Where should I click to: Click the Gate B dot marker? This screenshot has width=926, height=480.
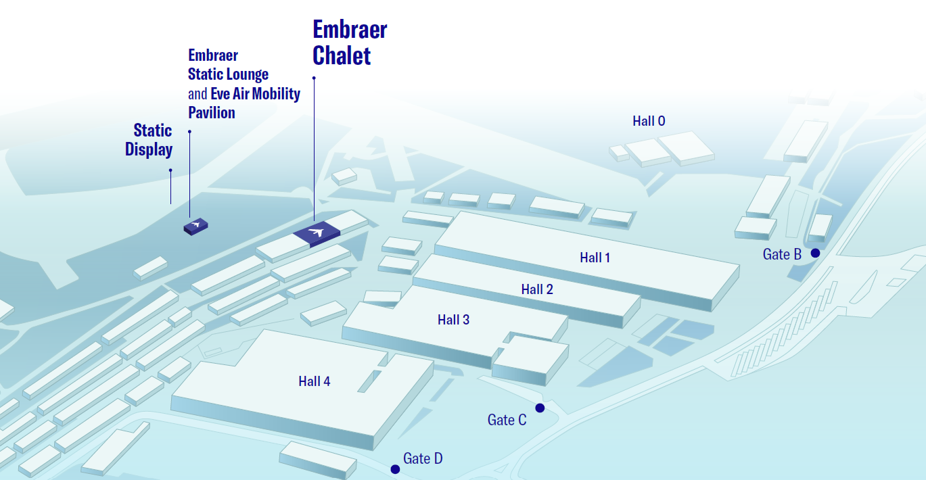[x=815, y=253]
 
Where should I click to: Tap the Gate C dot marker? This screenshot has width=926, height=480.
[x=540, y=408]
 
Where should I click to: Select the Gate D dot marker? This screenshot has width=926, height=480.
[x=395, y=469]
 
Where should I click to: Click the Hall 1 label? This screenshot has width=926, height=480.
[x=595, y=258]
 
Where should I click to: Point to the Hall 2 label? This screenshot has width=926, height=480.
[x=537, y=289]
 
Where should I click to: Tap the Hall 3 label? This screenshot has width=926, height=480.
[x=453, y=320]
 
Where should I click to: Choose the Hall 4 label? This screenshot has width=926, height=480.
[x=314, y=381]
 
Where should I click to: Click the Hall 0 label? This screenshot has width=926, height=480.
[x=649, y=121]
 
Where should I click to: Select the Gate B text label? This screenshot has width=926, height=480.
[x=782, y=254]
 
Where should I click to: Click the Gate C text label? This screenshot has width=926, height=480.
[x=507, y=420]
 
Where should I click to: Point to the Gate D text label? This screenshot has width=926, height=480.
[x=423, y=458]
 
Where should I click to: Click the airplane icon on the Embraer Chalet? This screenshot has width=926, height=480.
[x=317, y=232]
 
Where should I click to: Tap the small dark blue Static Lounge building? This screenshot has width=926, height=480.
[x=195, y=226]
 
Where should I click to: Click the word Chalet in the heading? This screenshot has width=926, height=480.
[x=342, y=55]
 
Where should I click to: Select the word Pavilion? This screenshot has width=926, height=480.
[x=212, y=113]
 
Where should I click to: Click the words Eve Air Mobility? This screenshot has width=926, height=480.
[x=256, y=94]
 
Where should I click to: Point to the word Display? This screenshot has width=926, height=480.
[x=149, y=150]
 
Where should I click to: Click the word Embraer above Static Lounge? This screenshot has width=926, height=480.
[x=213, y=55]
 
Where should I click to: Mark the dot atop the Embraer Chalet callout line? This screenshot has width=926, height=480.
[x=314, y=78]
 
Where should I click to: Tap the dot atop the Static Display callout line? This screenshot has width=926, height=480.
[x=170, y=170]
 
